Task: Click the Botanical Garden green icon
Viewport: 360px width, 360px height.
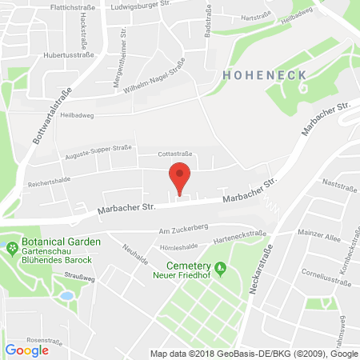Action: pyautogui.click(x=11, y=248)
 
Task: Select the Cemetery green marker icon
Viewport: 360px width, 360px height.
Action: pyautogui.click(x=221, y=268)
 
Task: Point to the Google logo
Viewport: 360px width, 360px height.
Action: pyautogui.click(x=26, y=350)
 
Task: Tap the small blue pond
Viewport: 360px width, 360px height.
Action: pyautogui.click(x=66, y=294)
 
